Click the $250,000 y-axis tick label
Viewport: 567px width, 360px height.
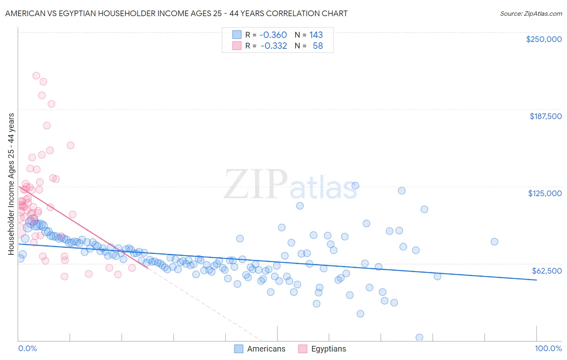click(x=544, y=39)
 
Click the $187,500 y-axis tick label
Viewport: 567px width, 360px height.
click(x=545, y=116)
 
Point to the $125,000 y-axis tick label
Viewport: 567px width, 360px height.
click(x=545, y=193)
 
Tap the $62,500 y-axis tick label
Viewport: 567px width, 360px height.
click(x=546, y=271)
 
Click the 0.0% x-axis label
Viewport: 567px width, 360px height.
click(x=27, y=348)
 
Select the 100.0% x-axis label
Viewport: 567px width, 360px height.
click(x=548, y=348)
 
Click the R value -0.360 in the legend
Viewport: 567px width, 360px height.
click(x=273, y=35)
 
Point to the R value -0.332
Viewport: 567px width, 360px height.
click(x=273, y=46)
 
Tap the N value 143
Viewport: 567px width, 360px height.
click(x=316, y=35)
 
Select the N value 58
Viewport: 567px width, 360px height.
click(x=318, y=46)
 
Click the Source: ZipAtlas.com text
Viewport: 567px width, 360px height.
click(x=531, y=13)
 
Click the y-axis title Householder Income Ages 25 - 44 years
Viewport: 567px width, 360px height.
click(x=11, y=184)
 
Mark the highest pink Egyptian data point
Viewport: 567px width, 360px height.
click(x=36, y=75)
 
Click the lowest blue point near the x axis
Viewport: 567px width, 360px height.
click(x=419, y=337)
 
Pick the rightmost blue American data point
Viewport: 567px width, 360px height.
click(x=494, y=242)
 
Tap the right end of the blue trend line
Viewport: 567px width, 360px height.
click(x=536, y=280)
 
